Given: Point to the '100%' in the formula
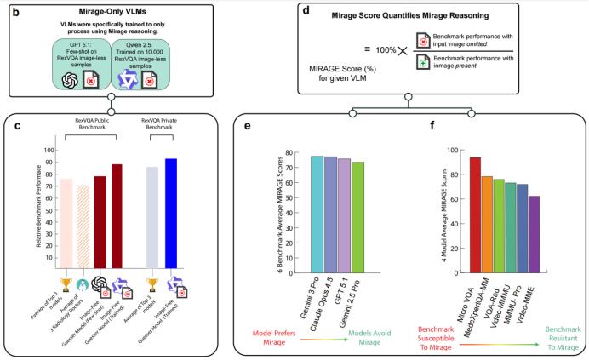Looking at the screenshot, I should (x=388, y=50).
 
